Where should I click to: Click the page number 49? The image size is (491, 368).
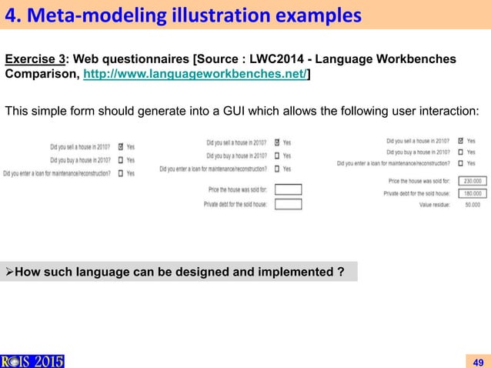click(x=478, y=362)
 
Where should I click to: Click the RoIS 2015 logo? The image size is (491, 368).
click(x=32, y=360)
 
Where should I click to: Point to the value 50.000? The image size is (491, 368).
click(x=472, y=205)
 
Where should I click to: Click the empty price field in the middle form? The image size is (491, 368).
click(x=288, y=189)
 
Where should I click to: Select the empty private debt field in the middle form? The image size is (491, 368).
click(x=288, y=204)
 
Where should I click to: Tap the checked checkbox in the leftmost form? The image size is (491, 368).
click(x=120, y=146)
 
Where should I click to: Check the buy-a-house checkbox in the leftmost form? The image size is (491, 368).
click(x=120, y=159)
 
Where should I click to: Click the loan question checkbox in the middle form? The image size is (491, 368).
click(x=276, y=169)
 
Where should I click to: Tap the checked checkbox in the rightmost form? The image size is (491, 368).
click(x=459, y=141)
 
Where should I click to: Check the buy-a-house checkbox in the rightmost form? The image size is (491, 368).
click(x=459, y=152)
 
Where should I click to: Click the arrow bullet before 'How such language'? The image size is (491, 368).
click(x=10, y=271)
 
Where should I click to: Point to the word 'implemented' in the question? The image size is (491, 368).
click(x=302, y=271)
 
